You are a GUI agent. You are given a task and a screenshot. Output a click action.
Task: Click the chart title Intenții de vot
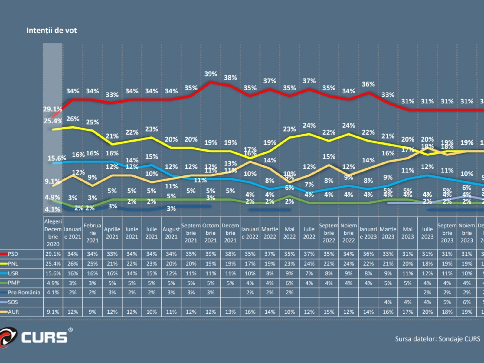[51, 31]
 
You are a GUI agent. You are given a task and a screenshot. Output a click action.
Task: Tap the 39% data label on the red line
[211, 74]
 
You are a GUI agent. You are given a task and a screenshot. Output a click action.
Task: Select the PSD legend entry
[13, 254]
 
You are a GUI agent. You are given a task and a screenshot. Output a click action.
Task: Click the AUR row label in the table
[13, 312]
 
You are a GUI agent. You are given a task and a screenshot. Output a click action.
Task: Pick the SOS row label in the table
[13, 302]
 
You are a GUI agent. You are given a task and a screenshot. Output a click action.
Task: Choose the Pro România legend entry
[24, 293]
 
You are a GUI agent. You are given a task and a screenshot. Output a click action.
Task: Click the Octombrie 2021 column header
[211, 233]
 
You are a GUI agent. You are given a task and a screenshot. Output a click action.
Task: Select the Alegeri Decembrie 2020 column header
[53, 233]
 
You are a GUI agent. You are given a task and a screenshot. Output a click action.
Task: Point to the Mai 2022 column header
[289, 233]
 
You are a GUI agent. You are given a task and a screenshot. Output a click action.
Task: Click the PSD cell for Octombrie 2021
[211, 254]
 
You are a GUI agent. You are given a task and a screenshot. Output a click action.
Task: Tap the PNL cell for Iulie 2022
[309, 264]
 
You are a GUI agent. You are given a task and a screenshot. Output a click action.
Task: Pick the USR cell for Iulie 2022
[309, 273]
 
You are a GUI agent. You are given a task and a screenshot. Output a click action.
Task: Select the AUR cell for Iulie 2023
[427, 312]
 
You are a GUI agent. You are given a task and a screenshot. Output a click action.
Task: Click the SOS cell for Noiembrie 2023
[466, 302]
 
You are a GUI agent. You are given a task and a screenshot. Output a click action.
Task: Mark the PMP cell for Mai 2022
[289, 283]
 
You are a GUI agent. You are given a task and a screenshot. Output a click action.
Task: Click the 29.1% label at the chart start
[52, 109]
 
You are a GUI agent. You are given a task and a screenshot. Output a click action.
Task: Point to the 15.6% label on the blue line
[57, 158]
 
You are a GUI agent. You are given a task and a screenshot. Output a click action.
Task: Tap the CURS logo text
[44, 338]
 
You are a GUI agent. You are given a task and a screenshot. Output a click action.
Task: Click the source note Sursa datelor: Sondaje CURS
[437, 339]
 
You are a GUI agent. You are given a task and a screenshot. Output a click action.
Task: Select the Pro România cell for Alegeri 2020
[53, 293]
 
